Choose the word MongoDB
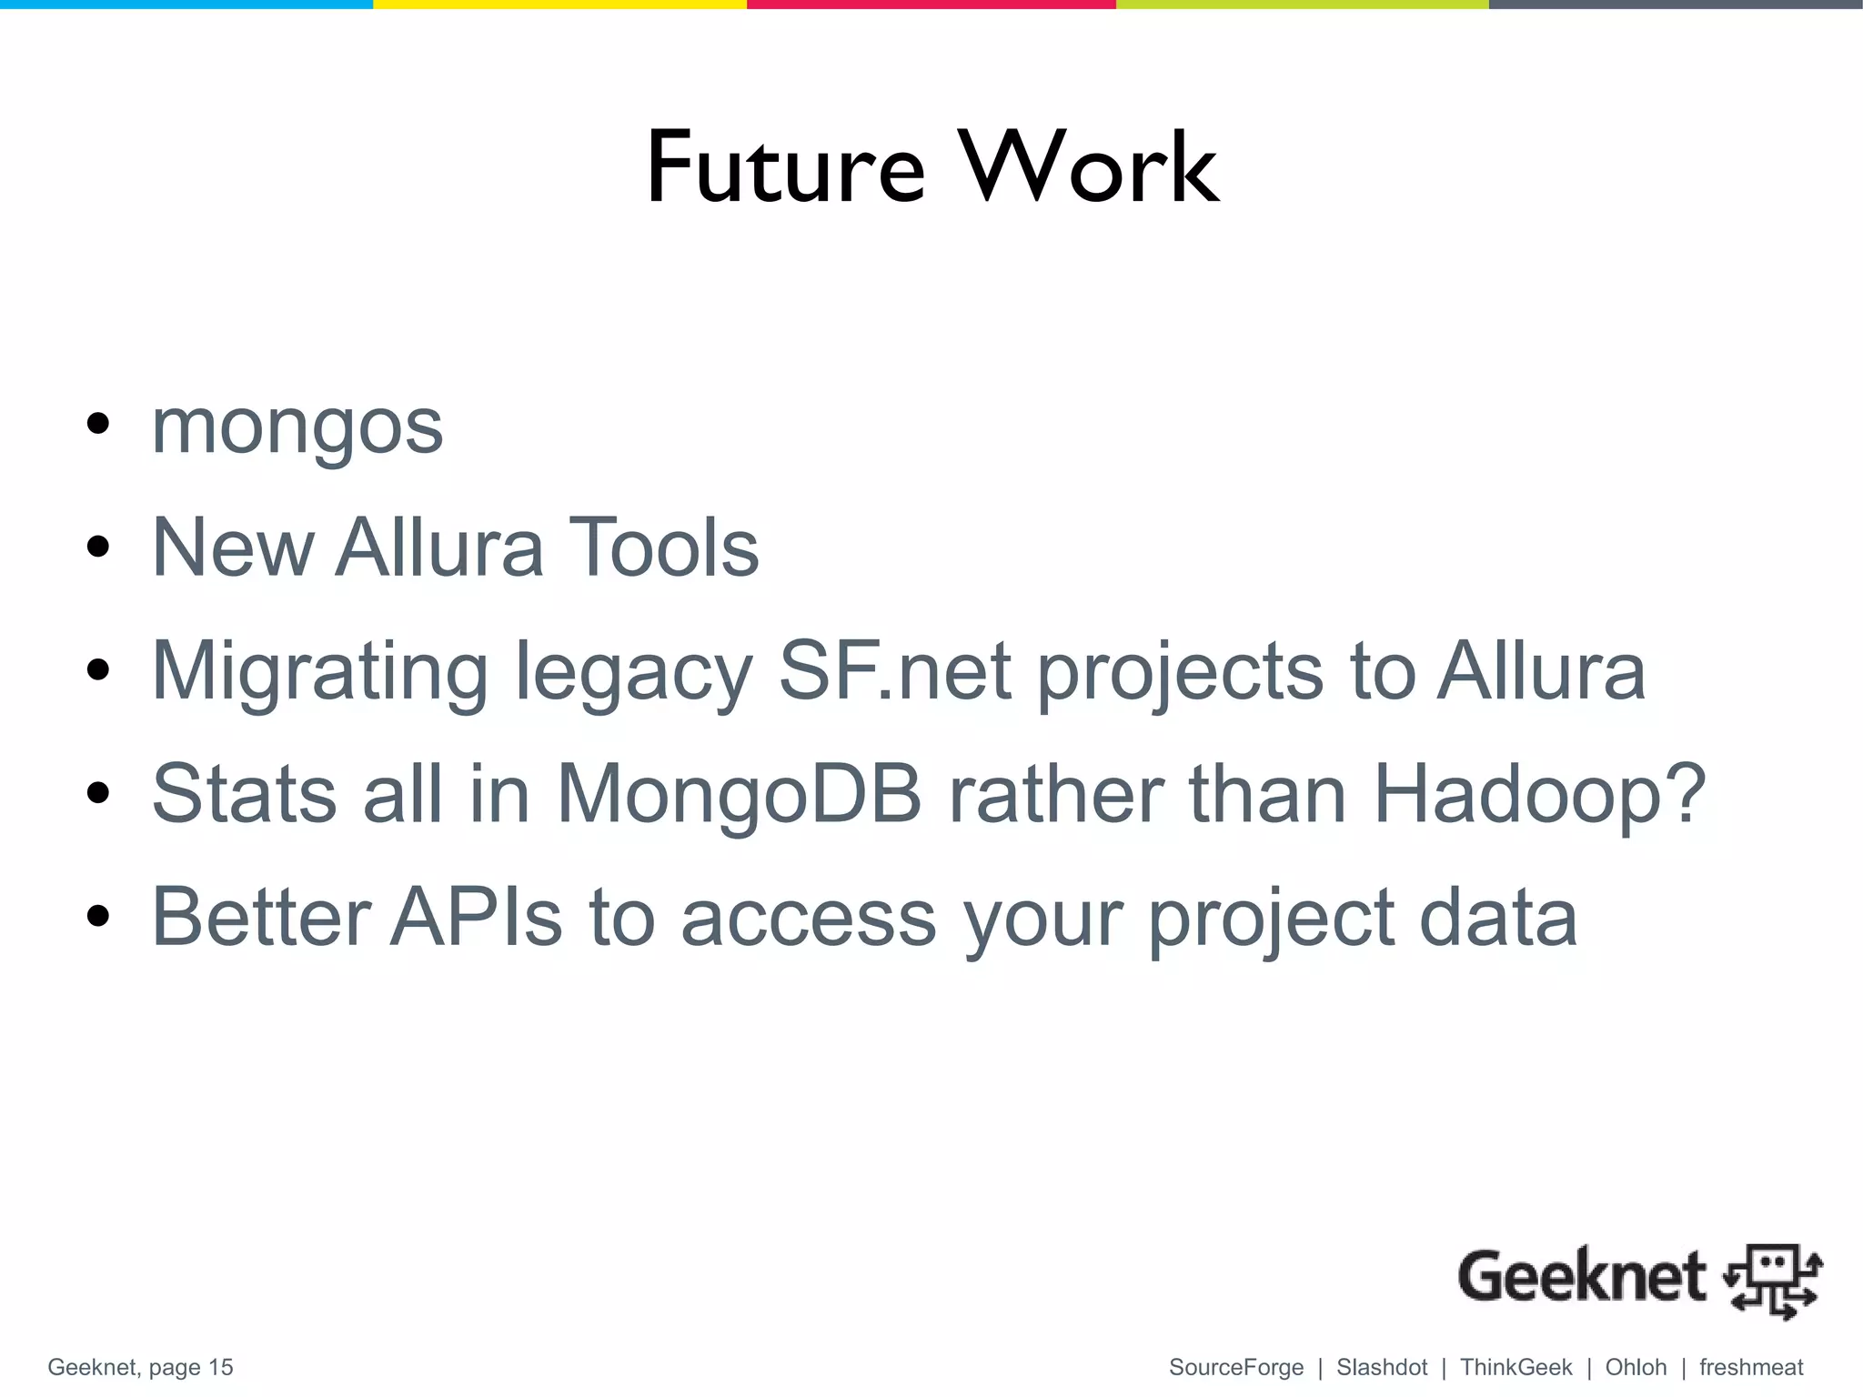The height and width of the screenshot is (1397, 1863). (739, 794)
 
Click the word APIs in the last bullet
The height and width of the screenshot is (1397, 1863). (477, 917)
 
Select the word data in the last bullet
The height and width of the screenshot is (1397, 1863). (1497, 917)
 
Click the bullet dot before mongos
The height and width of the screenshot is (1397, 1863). (97, 424)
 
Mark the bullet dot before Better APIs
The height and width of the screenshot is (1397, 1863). (97, 916)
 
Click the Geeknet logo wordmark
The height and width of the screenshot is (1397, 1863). (1581, 1277)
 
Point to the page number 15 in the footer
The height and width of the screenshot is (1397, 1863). (220, 1368)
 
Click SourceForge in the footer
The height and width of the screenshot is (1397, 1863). (1236, 1368)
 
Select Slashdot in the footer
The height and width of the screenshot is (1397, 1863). (1382, 1368)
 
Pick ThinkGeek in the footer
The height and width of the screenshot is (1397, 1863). (1516, 1368)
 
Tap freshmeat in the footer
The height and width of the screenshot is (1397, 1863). (1751, 1368)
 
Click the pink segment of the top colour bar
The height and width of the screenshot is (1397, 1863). (931, 5)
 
